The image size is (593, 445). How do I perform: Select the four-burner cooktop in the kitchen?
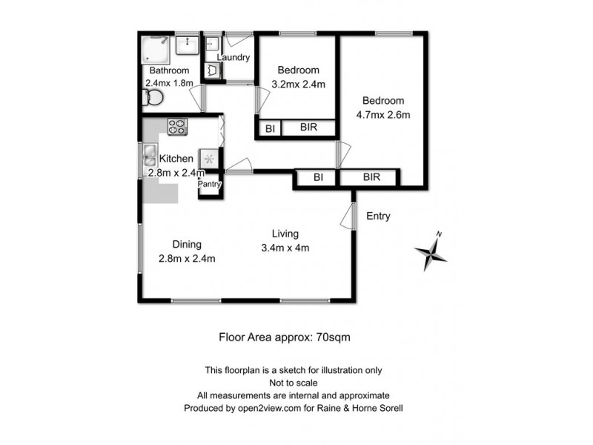178,127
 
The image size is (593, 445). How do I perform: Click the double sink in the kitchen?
148,157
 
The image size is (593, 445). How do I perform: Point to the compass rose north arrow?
432,254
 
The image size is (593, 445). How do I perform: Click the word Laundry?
233,57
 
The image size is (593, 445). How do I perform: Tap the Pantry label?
209,184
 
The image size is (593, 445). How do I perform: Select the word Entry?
378,217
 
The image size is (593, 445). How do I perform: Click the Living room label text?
285,231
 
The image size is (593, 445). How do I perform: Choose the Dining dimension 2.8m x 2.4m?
187,258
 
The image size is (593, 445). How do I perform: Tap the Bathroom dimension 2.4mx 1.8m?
168,83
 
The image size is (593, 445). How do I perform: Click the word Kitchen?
176,159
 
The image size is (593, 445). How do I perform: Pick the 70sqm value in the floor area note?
334,336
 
